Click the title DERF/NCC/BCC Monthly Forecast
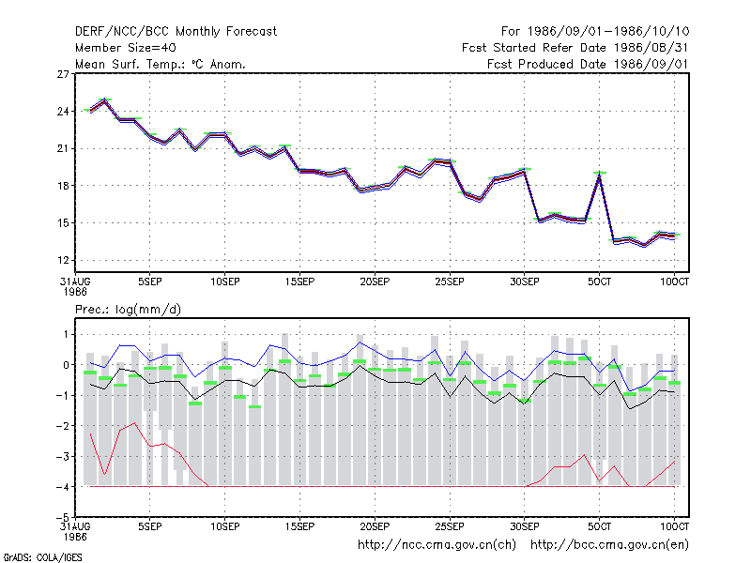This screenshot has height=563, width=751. pyautogui.click(x=176, y=32)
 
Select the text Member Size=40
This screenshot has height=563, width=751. pyautogui.click(x=126, y=48)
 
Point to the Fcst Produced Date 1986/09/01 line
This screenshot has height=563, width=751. pyautogui.click(x=588, y=64)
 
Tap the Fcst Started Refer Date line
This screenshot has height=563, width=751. pyautogui.click(x=575, y=48)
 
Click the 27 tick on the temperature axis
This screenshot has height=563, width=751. pyautogui.click(x=63, y=74)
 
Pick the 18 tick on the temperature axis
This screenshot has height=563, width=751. pyautogui.click(x=63, y=186)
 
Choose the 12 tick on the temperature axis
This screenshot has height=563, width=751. pyautogui.click(x=63, y=261)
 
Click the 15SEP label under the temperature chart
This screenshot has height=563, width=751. pyautogui.click(x=299, y=282)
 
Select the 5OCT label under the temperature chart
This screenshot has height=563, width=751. pyautogui.click(x=599, y=282)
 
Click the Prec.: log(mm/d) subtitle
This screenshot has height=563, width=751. pyautogui.click(x=128, y=310)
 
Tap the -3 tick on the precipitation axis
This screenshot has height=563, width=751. pyautogui.click(x=63, y=457)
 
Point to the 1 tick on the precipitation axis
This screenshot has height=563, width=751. pyautogui.click(x=66, y=335)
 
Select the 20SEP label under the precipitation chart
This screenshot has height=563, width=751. pyautogui.click(x=375, y=526)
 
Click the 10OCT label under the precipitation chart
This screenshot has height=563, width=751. pyautogui.click(x=674, y=526)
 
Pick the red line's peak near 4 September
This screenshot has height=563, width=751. pyautogui.click(x=135, y=423)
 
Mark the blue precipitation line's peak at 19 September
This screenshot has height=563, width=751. pyautogui.click(x=360, y=342)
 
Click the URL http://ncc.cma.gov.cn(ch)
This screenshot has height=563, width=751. pyautogui.click(x=437, y=545)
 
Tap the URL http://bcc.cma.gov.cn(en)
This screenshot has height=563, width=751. pyautogui.click(x=609, y=545)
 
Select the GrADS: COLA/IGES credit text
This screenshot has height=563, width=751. pyautogui.click(x=42, y=557)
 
